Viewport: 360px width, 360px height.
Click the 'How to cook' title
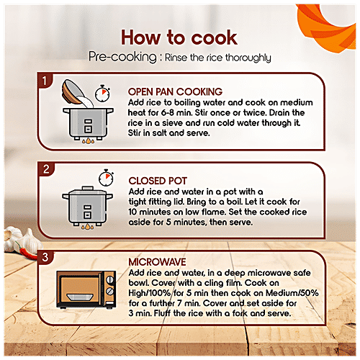[179, 37]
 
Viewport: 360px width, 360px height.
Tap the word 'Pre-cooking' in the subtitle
[122, 57]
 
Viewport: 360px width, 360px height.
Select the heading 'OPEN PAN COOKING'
[175, 91]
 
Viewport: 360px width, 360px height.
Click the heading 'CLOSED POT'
[158, 181]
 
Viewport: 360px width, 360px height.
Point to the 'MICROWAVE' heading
[157, 262]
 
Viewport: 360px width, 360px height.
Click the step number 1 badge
[45, 81]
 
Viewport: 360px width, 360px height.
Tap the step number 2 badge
[46, 169]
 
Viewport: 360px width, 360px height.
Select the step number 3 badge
[45, 257]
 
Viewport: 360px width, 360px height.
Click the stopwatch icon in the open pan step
[102, 94]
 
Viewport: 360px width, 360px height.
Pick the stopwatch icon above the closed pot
[106, 178]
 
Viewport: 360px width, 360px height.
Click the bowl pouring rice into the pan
[73, 91]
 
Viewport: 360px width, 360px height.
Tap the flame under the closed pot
[88, 226]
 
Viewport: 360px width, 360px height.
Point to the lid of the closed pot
[87, 191]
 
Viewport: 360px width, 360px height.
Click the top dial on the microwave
[110, 279]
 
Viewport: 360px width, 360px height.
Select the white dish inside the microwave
[80, 297]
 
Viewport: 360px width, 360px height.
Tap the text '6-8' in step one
[167, 112]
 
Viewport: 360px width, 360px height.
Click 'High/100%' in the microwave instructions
[150, 293]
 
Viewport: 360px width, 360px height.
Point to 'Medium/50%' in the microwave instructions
[292, 293]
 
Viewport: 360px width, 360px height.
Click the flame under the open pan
[88, 140]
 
